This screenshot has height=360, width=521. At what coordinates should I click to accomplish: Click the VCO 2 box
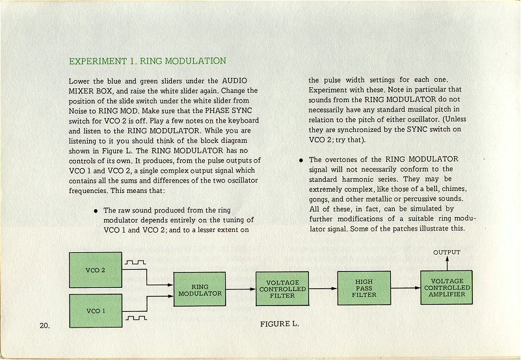96,270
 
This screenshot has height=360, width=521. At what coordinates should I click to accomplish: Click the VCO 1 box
96,311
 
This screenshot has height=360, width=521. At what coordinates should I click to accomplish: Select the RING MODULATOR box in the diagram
200,289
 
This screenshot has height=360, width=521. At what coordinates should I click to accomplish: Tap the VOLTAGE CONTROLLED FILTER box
282,289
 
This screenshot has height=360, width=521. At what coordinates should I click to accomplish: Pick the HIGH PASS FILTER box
364,288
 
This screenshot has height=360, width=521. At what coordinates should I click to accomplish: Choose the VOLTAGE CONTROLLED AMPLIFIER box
447,288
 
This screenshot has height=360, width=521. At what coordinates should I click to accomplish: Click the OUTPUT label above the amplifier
447,252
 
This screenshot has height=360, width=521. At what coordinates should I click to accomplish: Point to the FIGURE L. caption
280,324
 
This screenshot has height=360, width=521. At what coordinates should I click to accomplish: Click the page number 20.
44,326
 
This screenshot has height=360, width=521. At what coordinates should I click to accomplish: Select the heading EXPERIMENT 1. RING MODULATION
148,61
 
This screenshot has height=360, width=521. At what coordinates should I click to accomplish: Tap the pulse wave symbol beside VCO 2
135,263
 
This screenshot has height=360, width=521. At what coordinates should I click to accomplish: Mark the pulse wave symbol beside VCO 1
136,318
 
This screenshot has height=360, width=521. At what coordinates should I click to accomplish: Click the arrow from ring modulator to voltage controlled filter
241,289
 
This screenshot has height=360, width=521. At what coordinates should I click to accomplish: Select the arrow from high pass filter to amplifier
406,288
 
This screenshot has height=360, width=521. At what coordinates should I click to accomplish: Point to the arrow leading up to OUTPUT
447,263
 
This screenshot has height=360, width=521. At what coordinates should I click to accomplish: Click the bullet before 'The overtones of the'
301,160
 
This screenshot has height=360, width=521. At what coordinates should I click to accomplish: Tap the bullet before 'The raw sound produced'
96,211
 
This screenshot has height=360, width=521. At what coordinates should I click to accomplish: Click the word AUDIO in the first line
235,81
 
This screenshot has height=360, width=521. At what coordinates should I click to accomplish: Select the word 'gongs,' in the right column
319,199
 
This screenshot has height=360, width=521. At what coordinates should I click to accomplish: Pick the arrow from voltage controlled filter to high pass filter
323,289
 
